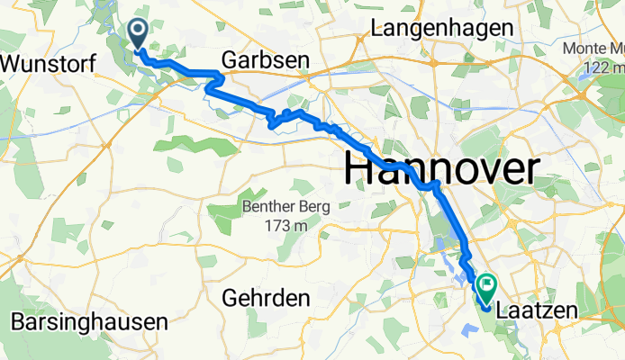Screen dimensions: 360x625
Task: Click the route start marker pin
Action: click(139, 35)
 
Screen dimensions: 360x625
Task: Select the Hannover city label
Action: click(442, 168)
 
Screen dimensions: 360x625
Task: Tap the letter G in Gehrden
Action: click(231, 297)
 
